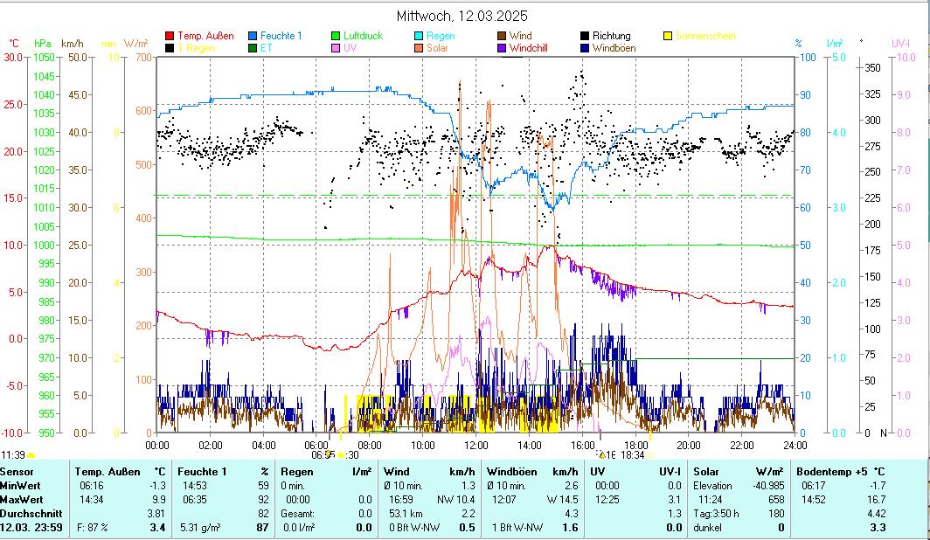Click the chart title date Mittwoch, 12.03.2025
point(462,17)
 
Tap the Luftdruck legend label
point(364,36)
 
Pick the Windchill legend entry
point(527,48)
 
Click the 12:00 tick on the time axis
point(476,445)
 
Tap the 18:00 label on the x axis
point(635,445)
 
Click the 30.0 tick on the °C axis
point(13,57)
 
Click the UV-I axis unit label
point(901,43)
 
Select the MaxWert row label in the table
point(22,500)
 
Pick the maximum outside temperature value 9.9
point(158,500)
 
